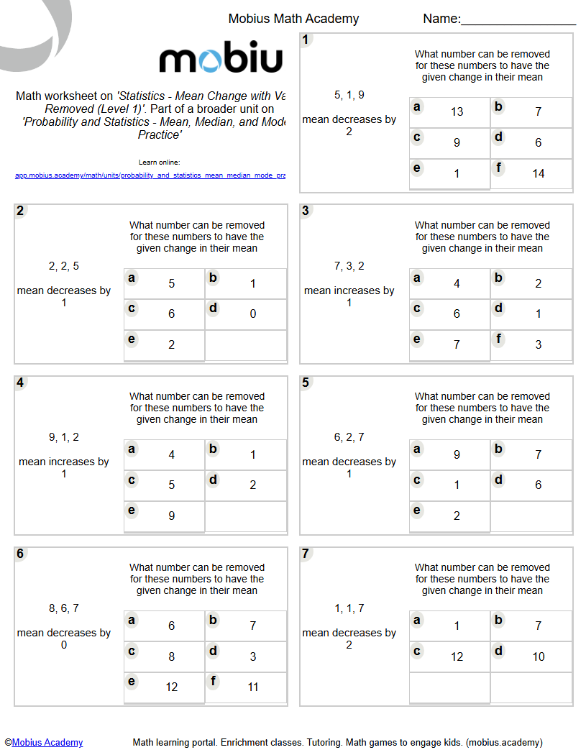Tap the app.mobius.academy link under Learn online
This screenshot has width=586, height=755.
(x=150, y=175)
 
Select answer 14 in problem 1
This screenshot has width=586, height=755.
(x=538, y=173)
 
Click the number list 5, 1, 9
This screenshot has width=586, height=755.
(x=349, y=95)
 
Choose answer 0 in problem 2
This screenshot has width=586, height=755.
(x=252, y=314)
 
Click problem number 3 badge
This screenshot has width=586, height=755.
(x=306, y=211)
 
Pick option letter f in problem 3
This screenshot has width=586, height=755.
(x=498, y=339)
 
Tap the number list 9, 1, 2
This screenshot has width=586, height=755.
(x=64, y=437)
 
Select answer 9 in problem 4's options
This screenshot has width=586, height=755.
(x=171, y=516)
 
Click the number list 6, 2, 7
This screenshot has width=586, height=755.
(x=349, y=437)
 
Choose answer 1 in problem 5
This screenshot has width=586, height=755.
(x=457, y=485)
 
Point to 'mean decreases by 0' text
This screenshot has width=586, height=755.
(x=64, y=639)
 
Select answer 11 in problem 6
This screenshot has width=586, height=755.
(x=252, y=687)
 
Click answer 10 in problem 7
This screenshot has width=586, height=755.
(x=538, y=656)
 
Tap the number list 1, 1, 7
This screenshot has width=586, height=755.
(x=349, y=608)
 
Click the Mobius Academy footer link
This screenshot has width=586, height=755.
(x=47, y=743)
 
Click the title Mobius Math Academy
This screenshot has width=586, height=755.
(x=293, y=19)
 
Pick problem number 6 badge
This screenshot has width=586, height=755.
(x=21, y=554)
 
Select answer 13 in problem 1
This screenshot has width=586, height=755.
(x=457, y=111)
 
